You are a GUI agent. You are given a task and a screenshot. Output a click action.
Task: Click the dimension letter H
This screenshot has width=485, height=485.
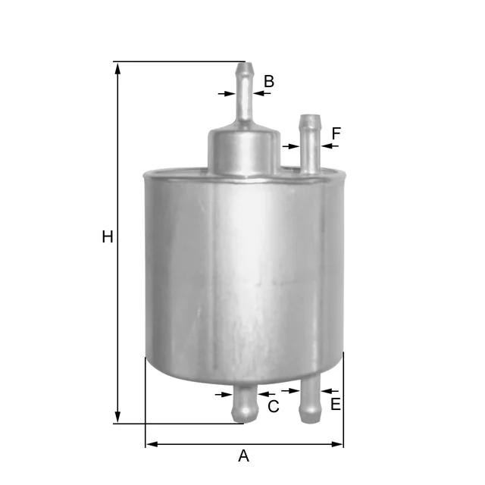(108, 237)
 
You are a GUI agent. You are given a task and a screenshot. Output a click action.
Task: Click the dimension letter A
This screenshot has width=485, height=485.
(244, 456)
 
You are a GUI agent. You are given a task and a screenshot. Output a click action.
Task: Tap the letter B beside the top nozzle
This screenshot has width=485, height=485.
(269, 81)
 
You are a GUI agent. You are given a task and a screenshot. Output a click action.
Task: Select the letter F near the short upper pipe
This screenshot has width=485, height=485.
(336, 133)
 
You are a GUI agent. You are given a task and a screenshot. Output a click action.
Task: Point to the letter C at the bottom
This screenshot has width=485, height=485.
(274, 406)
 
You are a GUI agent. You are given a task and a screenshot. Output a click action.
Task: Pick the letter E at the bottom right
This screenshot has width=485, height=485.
(336, 404)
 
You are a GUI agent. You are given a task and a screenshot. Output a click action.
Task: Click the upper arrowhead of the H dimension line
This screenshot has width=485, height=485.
(117, 69)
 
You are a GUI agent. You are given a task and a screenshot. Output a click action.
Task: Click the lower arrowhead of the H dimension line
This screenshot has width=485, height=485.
(117, 416)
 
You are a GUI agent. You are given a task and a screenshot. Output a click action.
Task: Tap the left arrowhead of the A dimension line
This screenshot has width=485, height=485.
(152, 445)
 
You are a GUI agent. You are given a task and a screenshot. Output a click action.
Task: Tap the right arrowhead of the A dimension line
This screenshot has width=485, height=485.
(336, 445)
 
